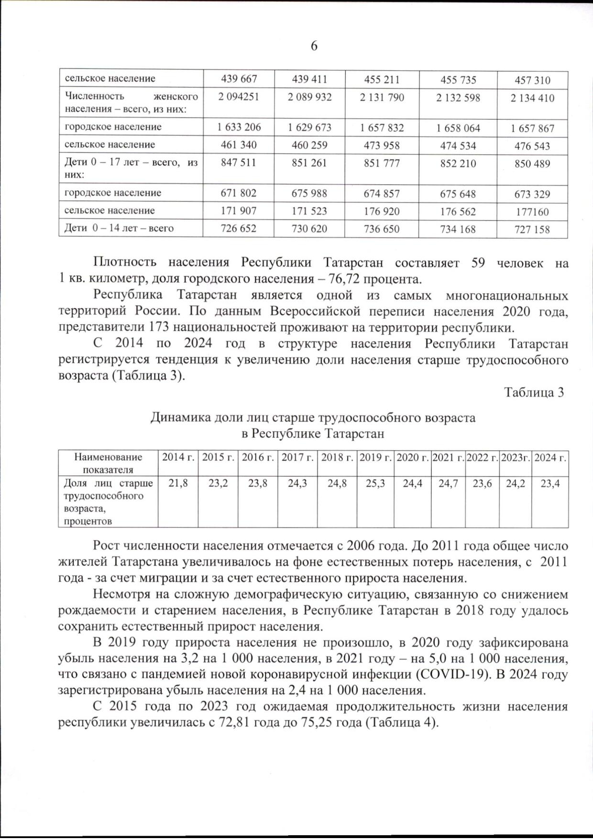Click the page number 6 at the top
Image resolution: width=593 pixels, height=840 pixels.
pyautogui.click(x=314, y=46)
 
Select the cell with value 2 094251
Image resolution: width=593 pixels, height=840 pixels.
pyautogui.click(x=238, y=97)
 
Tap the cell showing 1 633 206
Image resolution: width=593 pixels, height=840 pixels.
pyautogui.click(x=239, y=127)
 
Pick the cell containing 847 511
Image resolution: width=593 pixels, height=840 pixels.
pyautogui.click(x=238, y=163)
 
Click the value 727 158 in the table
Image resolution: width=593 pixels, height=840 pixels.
pyautogui.click(x=532, y=229)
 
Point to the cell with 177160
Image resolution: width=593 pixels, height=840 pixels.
pyautogui.click(x=532, y=212)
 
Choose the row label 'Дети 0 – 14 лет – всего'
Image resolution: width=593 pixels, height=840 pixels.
pyautogui.click(x=119, y=228)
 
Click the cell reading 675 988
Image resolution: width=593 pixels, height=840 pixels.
pyautogui.click(x=309, y=193)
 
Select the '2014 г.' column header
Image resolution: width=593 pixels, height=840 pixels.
pyautogui.click(x=178, y=458)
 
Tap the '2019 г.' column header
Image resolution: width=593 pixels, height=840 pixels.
pyautogui.click(x=375, y=458)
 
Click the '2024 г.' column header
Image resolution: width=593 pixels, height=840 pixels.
pyautogui.click(x=550, y=458)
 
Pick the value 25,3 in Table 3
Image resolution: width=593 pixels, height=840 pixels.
pyautogui.click(x=375, y=484)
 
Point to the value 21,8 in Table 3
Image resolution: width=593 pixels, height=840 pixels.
pyautogui.click(x=178, y=484)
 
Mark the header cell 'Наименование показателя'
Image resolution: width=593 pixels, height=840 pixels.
pyautogui.click(x=108, y=463)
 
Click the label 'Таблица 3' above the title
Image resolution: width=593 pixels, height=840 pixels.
pyautogui.click(x=534, y=392)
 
